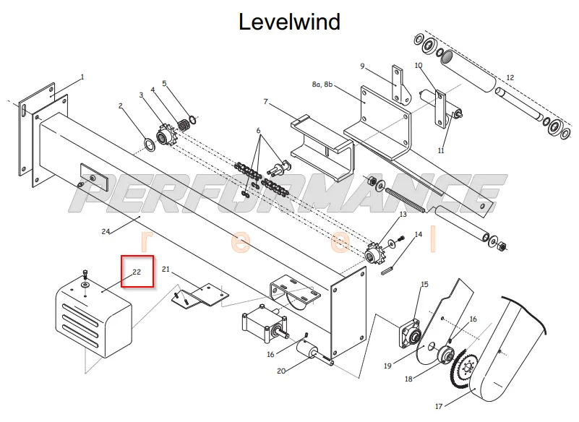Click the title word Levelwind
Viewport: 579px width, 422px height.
[289, 22]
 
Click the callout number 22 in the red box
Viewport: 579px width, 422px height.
[137, 272]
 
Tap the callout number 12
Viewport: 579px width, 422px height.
[510, 77]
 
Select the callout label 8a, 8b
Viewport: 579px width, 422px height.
[322, 85]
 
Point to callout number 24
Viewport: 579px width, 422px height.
[106, 231]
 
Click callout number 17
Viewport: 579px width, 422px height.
[439, 407]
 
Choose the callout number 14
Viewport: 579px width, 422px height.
[419, 234]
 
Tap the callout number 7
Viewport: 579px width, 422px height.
[265, 102]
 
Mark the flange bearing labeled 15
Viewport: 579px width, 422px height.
[411, 333]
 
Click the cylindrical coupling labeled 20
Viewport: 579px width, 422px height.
[308, 350]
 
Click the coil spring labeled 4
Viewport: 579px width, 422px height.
[184, 125]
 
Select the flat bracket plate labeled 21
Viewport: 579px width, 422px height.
[200, 295]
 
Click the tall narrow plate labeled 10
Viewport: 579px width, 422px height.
[440, 109]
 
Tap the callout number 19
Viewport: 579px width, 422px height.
[387, 366]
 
